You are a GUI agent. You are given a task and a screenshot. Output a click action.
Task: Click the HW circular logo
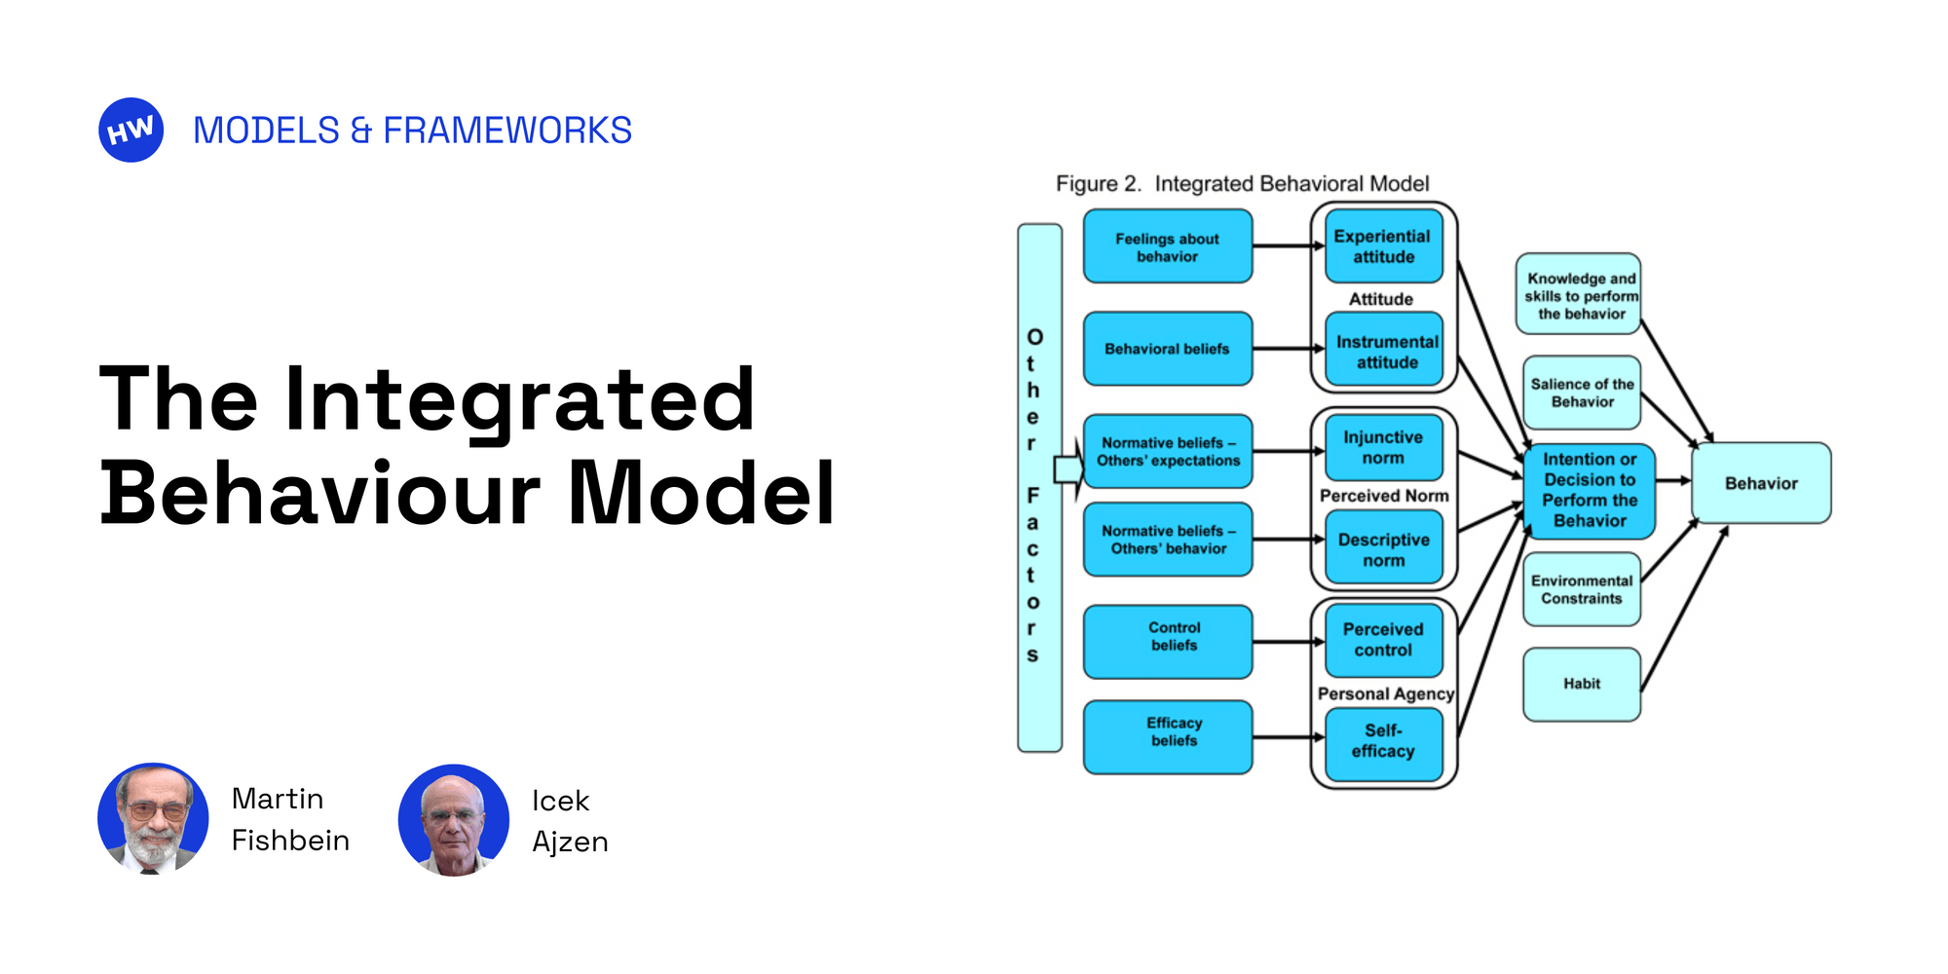pyautogui.click(x=131, y=130)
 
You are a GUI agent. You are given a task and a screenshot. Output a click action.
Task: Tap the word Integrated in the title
pyautogui.click(x=519, y=399)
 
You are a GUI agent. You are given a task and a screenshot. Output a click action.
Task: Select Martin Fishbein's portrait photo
pyautogui.click(x=153, y=818)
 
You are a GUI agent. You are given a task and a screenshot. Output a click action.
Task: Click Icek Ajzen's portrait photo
pyautogui.click(x=453, y=820)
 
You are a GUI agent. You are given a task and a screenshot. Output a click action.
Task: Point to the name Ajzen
pyautogui.click(x=570, y=842)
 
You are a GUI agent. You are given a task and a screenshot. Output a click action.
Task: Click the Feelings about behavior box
pyautogui.click(x=1167, y=246)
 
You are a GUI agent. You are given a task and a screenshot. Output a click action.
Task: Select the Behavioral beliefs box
pyautogui.click(x=1167, y=349)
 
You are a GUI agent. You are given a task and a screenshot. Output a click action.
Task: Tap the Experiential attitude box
pyautogui.click(x=1383, y=246)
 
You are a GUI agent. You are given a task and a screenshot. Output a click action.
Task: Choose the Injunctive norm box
pyautogui.click(x=1383, y=448)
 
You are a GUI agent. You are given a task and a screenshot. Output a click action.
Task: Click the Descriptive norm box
pyautogui.click(x=1383, y=549)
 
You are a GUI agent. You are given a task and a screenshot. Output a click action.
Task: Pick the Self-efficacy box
pyautogui.click(x=1383, y=741)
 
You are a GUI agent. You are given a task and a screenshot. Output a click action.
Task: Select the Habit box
pyautogui.click(x=1581, y=684)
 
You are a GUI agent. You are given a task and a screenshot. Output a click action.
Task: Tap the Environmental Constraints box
pyautogui.click(x=1581, y=589)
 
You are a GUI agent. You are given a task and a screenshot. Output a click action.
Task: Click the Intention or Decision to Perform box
pyautogui.click(x=1590, y=490)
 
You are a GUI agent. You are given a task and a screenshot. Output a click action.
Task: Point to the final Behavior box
pyautogui.click(x=1761, y=483)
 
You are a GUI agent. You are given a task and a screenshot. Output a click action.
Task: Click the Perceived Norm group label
pyautogui.click(x=1384, y=496)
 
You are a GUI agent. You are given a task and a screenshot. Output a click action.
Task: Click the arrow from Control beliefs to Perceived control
pyautogui.click(x=1288, y=642)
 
